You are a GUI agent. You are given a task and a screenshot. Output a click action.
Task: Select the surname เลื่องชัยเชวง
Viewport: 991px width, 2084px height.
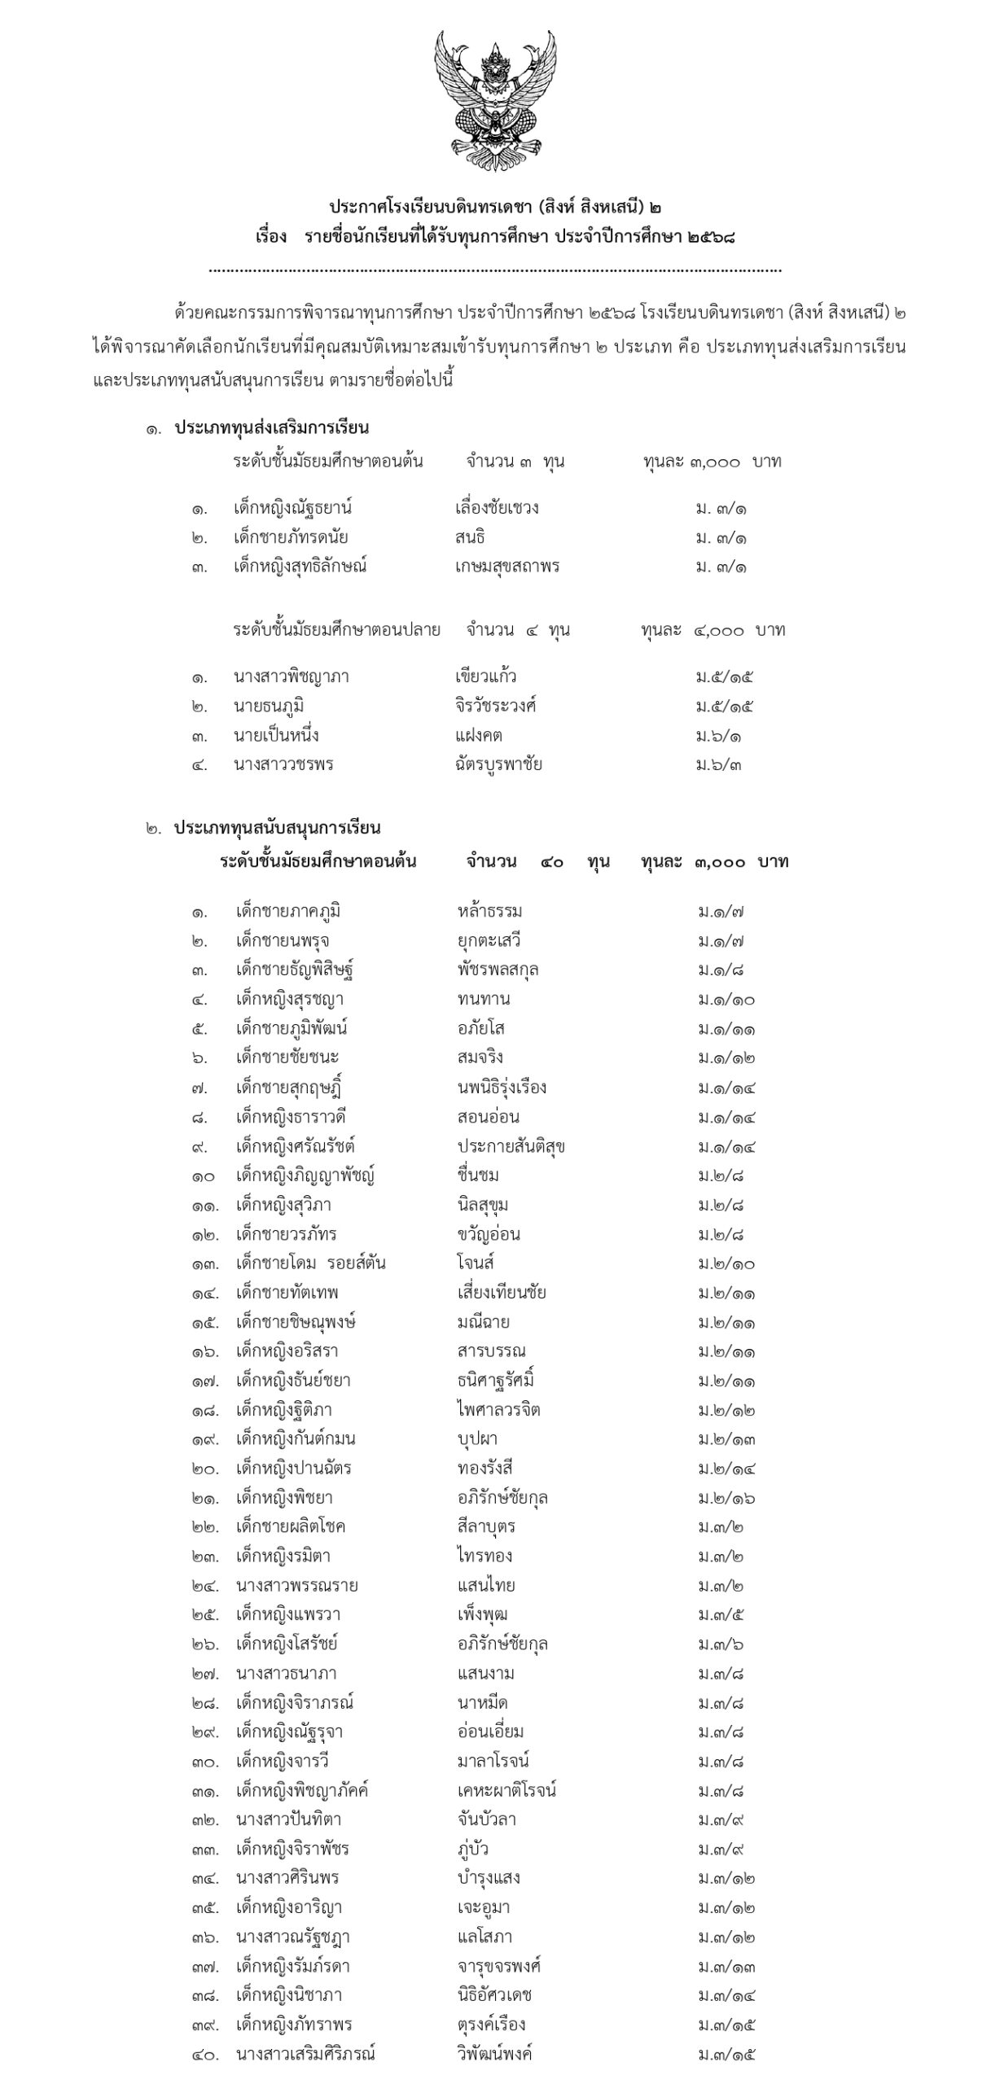pos(497,509)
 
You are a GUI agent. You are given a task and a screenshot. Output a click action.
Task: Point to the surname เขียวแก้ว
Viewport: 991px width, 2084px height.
pos(485,676)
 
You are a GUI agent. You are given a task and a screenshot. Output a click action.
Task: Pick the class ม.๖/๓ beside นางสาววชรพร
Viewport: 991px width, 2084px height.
pos(718,765)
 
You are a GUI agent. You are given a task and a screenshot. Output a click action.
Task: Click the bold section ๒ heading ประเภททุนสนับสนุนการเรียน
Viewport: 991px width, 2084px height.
pos(277,829)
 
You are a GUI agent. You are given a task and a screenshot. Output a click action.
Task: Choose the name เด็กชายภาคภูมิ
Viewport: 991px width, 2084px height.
pos(287,912)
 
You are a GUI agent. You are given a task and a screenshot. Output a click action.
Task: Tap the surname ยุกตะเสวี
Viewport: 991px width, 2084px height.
pos(489,941)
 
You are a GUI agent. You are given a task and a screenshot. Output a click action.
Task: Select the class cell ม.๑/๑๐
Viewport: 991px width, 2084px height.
pos(726,1000)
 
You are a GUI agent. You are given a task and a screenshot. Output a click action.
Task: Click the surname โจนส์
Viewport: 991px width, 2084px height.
pos(476,1263)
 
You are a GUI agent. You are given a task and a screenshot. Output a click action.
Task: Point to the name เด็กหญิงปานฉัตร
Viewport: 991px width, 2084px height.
pos(293,1469)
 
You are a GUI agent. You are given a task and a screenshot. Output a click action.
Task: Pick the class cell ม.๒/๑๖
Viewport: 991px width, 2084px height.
pos(726,1498)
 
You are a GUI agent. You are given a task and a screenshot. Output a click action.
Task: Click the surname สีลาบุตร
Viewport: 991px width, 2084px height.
pos(486,1527)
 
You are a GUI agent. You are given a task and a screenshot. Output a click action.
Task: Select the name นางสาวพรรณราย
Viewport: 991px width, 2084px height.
pos(296,1586)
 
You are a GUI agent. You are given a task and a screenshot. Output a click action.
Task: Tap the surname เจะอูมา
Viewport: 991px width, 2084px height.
pos(484,1908)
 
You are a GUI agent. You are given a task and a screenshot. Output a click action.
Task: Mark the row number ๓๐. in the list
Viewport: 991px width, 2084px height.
pos(205,1762)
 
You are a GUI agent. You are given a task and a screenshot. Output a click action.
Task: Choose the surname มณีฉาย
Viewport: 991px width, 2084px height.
pos(484,1322)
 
